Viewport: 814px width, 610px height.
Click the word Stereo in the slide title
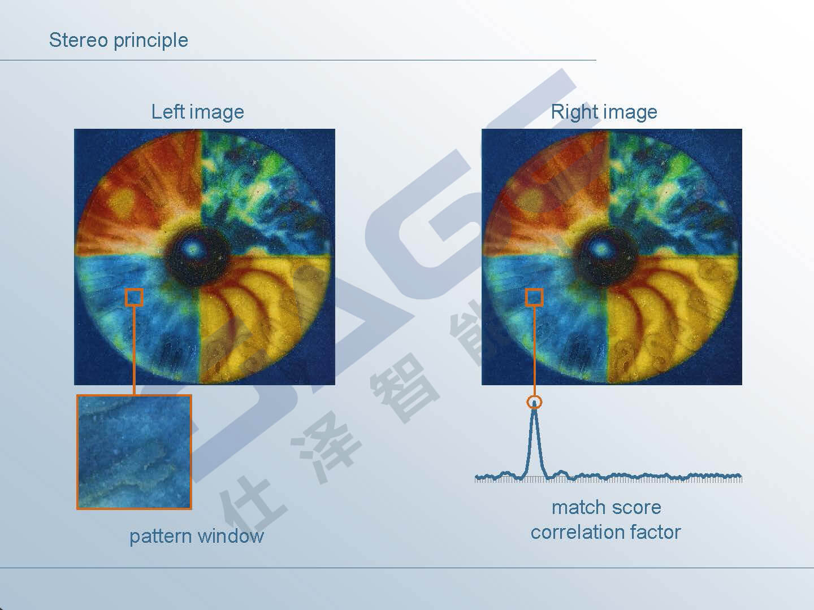(78, 40)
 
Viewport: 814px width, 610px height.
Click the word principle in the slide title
(151, 41)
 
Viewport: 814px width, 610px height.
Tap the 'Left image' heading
(197, 112)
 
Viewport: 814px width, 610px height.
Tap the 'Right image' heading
(604, 112)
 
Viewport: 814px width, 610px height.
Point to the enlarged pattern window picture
(134, 452)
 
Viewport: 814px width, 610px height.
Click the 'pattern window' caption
(197, 536)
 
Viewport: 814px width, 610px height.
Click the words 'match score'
(607, 507)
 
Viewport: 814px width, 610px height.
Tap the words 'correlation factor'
(605, 532)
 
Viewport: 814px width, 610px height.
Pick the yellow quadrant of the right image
(668, 315)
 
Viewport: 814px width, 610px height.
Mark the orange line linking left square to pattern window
(134, 351)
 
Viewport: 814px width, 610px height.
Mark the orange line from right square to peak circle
(534, 351)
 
